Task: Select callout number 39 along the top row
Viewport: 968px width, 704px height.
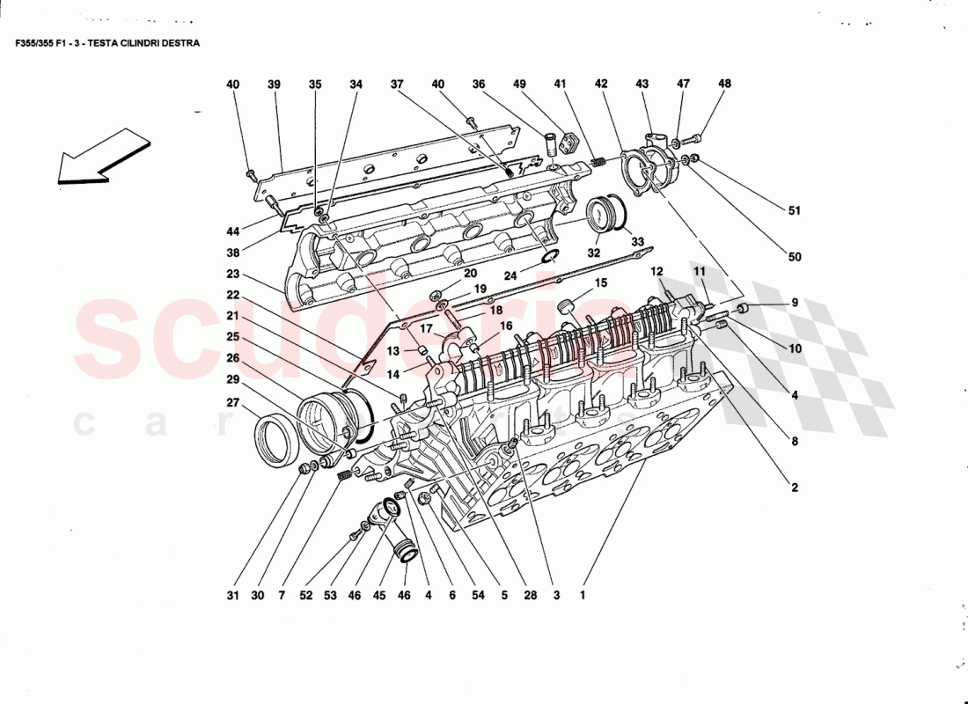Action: [274, 84]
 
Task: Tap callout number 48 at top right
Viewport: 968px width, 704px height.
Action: [724, 84]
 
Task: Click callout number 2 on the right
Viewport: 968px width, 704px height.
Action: [795, 487]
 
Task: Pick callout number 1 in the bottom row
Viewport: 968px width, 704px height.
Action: [582, 595]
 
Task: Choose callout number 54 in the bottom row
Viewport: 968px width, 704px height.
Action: [478, 595]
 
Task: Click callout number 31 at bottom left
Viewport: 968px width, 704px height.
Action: [231, 595]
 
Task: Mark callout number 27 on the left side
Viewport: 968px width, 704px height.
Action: [232, 403]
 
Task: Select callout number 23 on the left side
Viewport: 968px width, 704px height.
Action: [232, 274]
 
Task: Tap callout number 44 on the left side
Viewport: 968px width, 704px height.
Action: [232, 231]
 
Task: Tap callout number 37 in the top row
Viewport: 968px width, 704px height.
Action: [397, 84]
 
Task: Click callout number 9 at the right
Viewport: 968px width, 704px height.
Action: [795, 303]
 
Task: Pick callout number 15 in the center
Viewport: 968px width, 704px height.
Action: [601, 283]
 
